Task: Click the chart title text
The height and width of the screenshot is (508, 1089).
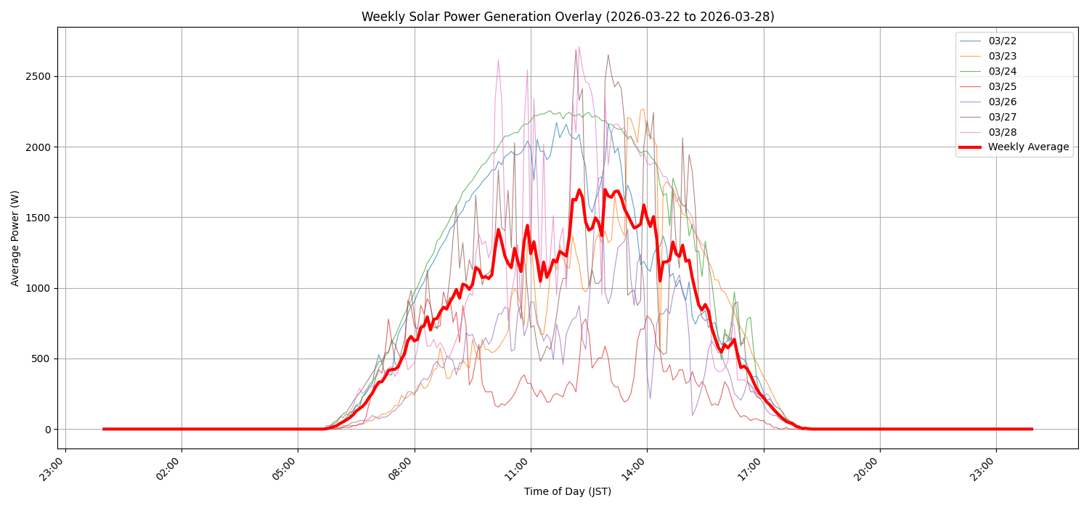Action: (568, 17)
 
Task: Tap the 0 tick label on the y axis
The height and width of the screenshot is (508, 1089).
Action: (49, 430)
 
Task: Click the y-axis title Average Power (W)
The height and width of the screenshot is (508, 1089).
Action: (15, 238)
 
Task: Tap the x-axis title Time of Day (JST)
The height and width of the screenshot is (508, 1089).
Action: (568, 492)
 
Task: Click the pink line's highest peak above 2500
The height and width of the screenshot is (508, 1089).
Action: (579, 46)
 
